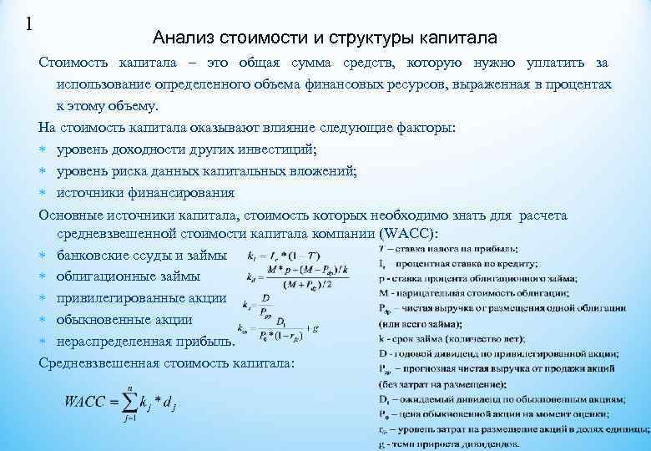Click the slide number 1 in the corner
(29, 23)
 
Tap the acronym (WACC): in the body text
(414, 234)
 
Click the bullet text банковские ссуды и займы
(141, 256)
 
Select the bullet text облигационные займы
(129, 276)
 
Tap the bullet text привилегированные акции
(141, 298)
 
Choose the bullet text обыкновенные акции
(124, 320)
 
